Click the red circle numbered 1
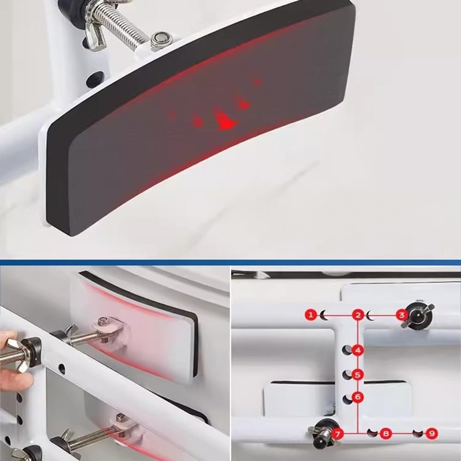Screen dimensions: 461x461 [x=311, y=315]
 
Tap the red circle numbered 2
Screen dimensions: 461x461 [x=358, y=315]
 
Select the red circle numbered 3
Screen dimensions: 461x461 [x=401, y=315]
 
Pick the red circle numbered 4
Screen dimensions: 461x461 [x=358, y=350]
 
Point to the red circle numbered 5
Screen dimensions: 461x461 [x=358, y=375]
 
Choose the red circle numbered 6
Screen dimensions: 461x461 [x=358, y=397]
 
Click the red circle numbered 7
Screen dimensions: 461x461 [x=338, y=434]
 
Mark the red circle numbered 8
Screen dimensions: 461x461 [x=386, y=433]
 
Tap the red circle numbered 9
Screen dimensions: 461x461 [x=432, y=433]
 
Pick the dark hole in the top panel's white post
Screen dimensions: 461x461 [x=96, y=77]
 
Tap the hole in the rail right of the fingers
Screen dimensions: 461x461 [x=62, y=367]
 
